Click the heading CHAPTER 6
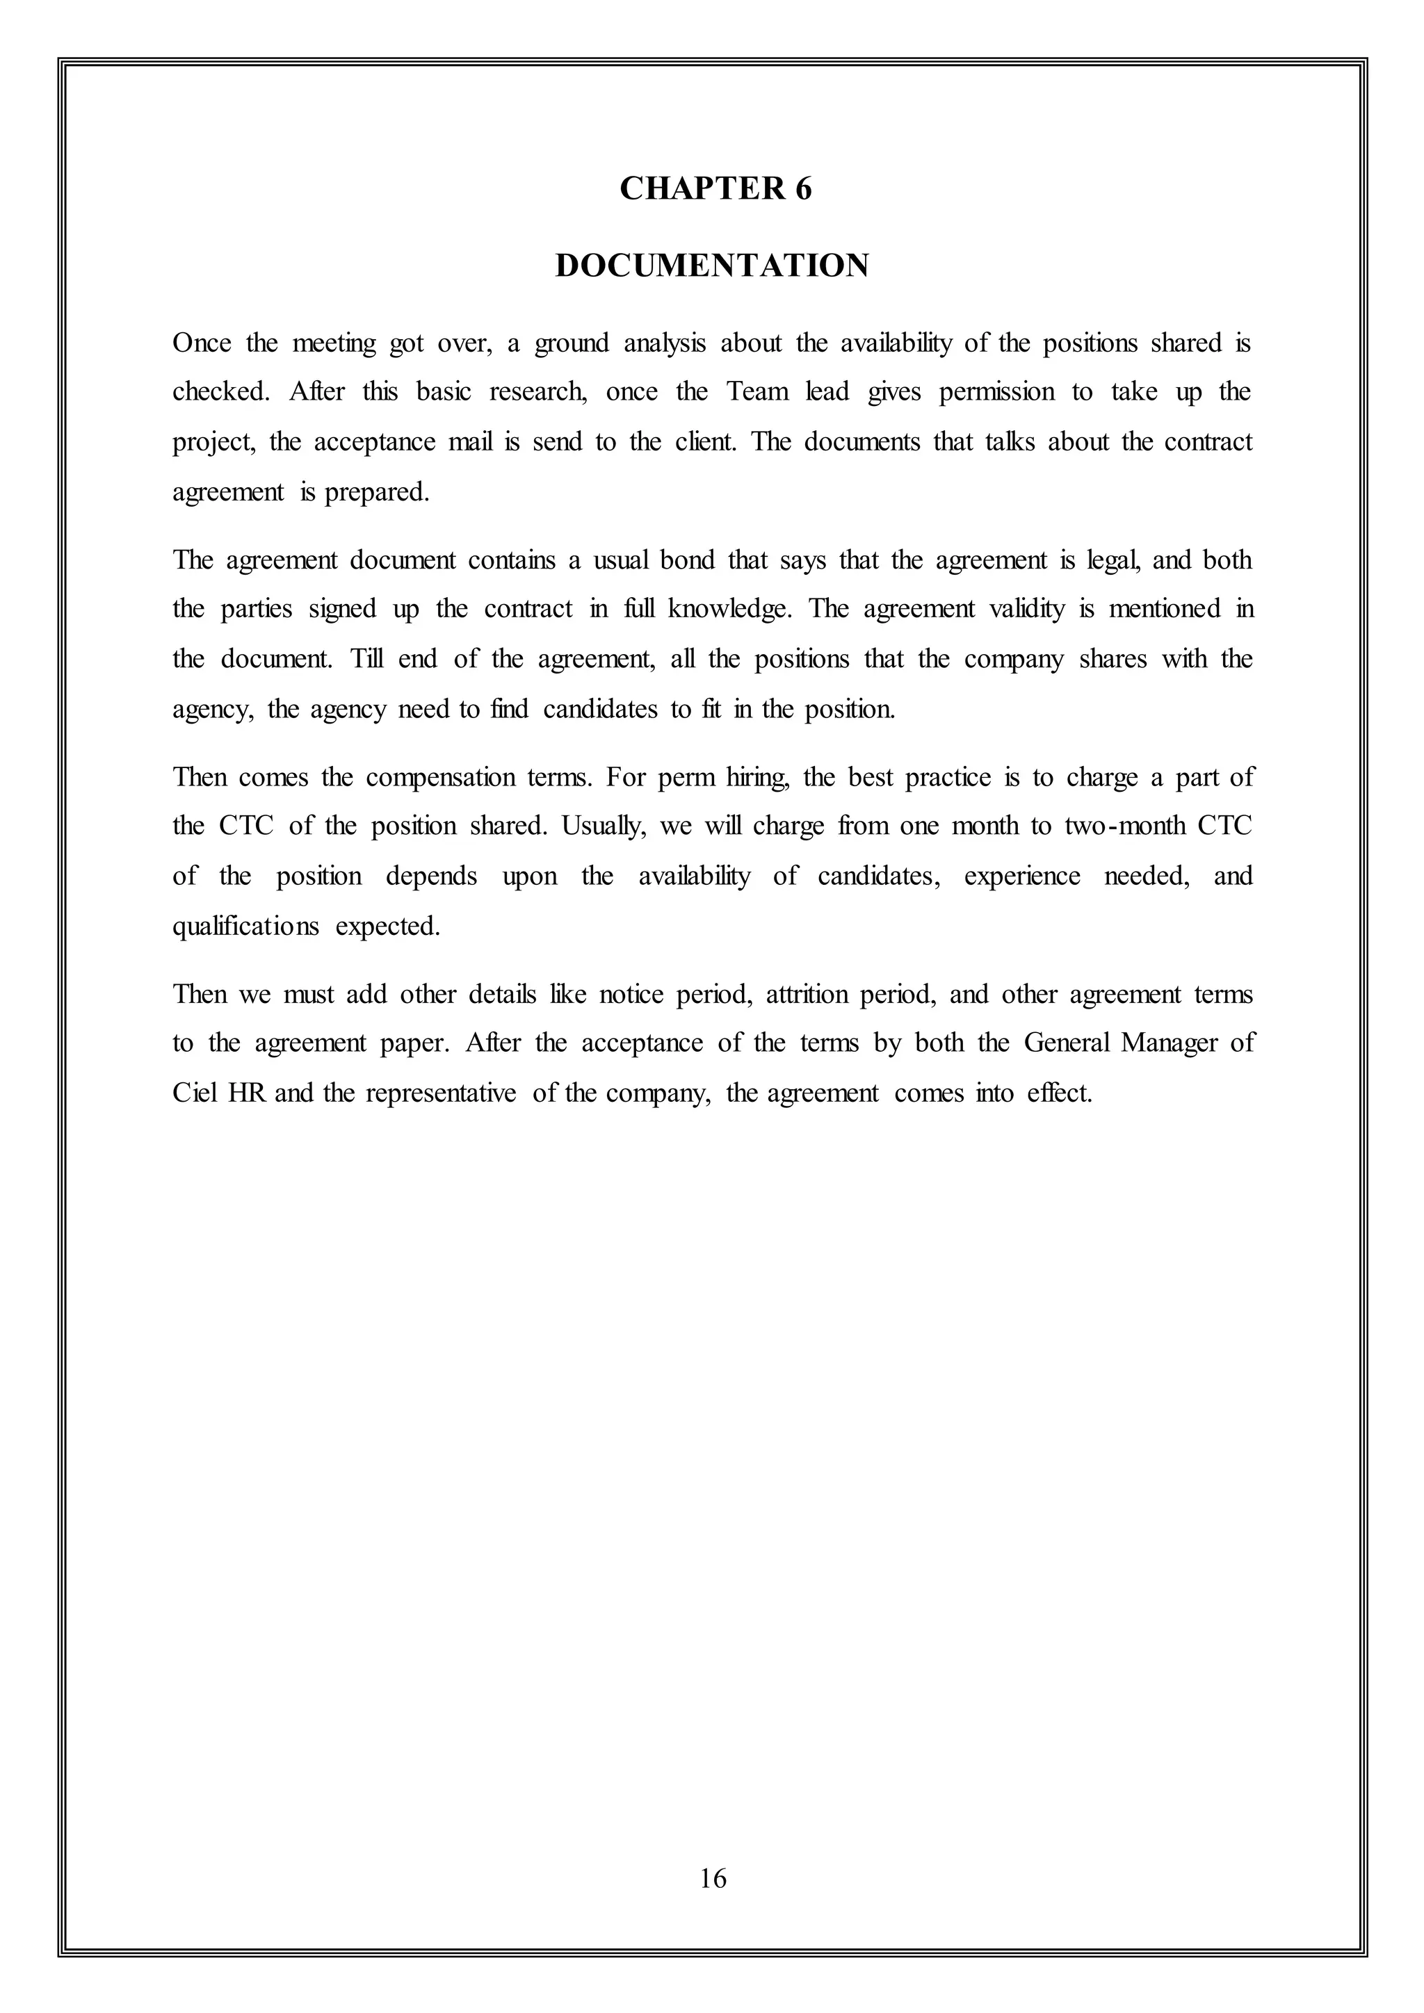coord(715,188)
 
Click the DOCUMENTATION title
coord(712,266)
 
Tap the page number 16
coord(713,1878)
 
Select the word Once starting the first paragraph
coord(202,343)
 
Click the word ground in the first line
coord(571,343)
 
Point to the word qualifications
coord(245,927)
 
